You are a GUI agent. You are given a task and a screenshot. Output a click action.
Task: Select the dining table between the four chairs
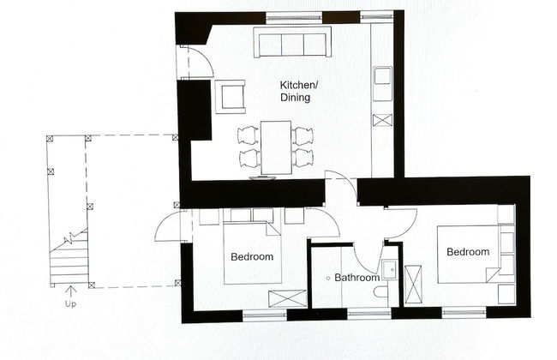click(277, 147)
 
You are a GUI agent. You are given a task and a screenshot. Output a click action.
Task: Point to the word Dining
click(295, 99)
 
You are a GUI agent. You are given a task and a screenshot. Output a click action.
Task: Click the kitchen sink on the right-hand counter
click(382, 80)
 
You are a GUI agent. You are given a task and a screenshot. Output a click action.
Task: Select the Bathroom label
click(356, 278)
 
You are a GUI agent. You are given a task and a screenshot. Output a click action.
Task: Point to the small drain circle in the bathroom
click(328, 279)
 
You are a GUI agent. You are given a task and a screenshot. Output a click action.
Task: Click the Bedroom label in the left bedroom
click(252, 257)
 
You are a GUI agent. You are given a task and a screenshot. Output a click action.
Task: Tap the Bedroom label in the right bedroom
click(467, 252)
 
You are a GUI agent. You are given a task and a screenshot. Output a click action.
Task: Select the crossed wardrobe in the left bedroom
click(285, 298)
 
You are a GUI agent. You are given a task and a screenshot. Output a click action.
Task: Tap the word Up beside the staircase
click(69, 303)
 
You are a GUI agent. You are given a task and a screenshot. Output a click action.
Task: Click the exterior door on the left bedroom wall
click(170, 227)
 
